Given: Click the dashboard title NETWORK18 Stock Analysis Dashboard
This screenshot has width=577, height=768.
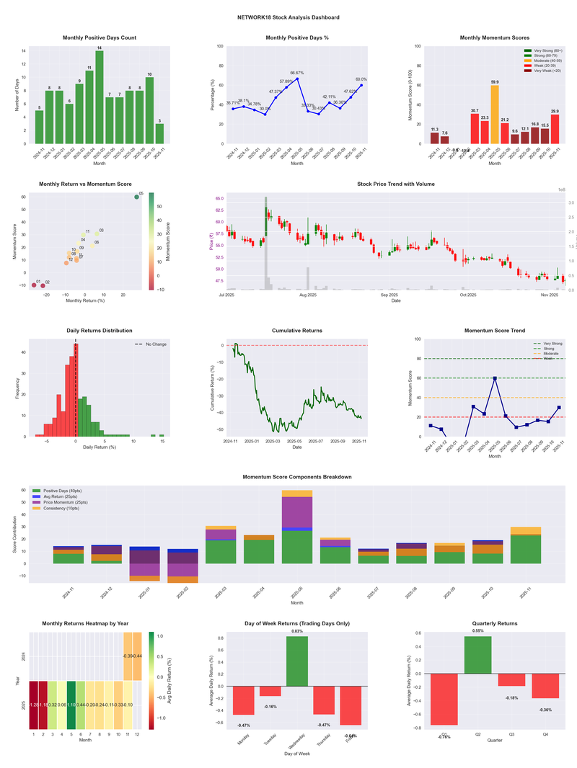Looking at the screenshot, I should click(288, 17).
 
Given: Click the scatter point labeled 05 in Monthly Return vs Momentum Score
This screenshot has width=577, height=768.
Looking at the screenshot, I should click(136, 197).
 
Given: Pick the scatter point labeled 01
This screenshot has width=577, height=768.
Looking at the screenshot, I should click(33, 285).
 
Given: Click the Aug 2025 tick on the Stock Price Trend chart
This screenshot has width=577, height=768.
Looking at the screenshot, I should click(308, 295).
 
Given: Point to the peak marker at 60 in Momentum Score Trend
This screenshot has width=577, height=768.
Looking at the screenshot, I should click(495, 378).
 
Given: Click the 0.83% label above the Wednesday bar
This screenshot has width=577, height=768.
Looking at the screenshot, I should click(297, 631).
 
